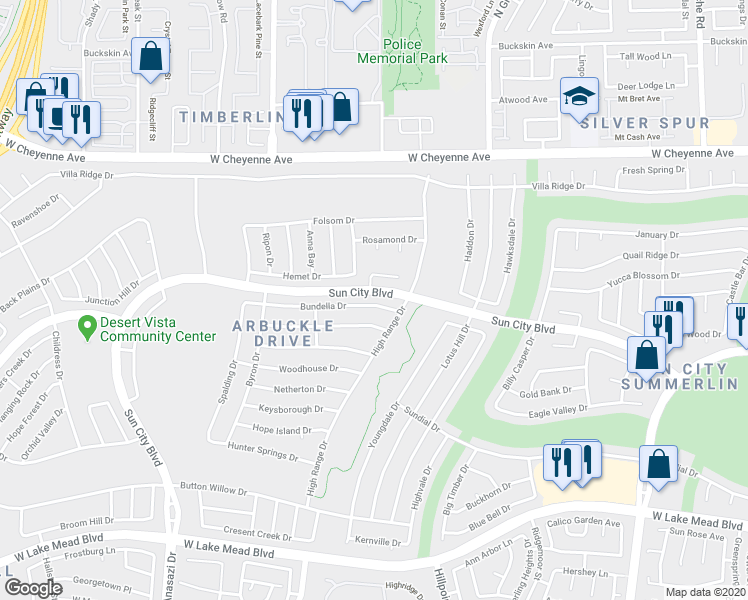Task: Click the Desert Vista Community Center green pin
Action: (87, 325)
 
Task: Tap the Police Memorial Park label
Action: (402, 51)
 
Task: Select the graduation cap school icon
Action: (579, 98)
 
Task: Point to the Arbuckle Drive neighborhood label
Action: (284, 333)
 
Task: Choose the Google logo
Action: (33, 588)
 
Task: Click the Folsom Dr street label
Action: (334, 220)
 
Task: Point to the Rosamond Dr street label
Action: (389, 240)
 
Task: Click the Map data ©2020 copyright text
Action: (706, 592)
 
